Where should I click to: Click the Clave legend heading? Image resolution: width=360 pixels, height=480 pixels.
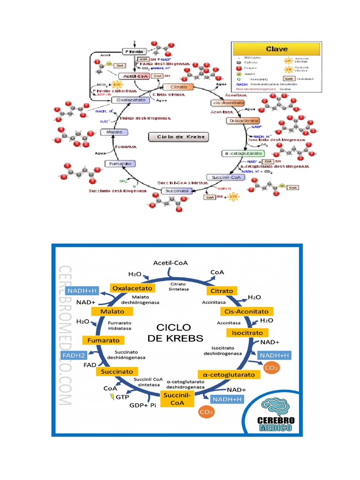click(277, 48)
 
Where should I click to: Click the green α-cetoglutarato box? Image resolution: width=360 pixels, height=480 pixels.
click(243, 153)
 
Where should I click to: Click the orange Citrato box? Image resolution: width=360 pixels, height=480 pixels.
click(221, 291)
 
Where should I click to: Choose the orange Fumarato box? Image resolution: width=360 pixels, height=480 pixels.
click(104, 340)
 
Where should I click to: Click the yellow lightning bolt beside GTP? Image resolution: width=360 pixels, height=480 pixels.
click(112, 397)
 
